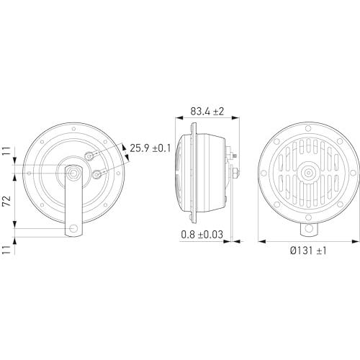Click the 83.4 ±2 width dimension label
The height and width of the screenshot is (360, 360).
(x=207, y=112)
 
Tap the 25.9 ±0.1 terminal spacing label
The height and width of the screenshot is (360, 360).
(x=150, y=148)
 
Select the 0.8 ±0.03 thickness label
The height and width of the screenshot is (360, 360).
(x=202, y=235)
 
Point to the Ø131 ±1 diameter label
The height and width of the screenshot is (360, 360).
(x=308, y=251)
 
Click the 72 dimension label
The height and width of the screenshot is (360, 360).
(x=6, y=201)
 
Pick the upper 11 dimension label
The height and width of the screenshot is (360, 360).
(x=6, y=151)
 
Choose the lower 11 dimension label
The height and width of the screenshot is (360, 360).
(x=6, y=250)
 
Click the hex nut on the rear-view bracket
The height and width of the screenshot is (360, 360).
(x=73, y=173)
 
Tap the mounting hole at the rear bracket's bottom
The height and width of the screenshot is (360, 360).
(x=73, y=228)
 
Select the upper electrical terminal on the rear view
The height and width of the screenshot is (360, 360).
(x=89, y=156)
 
